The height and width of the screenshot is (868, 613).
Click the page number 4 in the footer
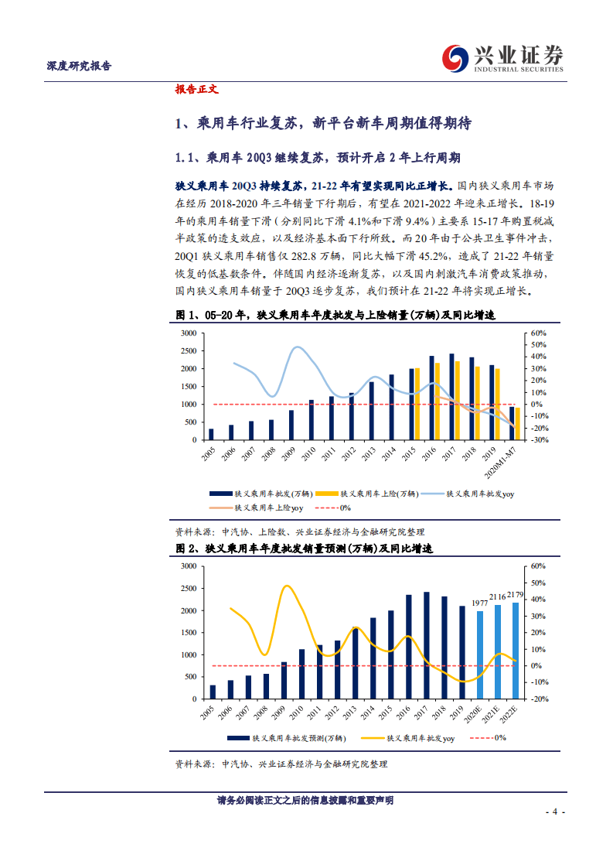point(554,812)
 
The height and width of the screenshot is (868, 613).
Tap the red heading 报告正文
point(197,89)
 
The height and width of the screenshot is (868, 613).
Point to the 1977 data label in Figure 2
point(481,603)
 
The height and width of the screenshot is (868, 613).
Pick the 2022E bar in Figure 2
point(516,650)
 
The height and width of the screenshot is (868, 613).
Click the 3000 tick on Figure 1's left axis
point(188,333)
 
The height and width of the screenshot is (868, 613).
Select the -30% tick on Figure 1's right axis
point(539,439)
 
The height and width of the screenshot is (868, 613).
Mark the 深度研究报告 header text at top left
point(75,66)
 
